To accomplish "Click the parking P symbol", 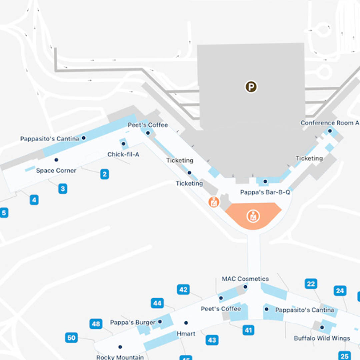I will [251, 87].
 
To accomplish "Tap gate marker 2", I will [105, 174].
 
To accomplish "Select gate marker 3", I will [63, 189].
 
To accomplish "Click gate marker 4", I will [34, 200].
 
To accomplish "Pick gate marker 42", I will [183, 290].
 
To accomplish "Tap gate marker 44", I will [157, 303].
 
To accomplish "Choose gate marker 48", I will [96, 324].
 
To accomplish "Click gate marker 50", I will [71, 338].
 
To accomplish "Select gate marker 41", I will [248, 330].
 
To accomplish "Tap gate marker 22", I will [311, 284].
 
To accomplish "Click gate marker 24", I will [340, 291].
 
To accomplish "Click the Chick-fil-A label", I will [123, 155].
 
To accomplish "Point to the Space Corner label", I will [56, 171].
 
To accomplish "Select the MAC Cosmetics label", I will [245, 279].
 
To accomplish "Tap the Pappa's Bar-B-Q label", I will [265, 192].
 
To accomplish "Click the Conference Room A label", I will [330, 123].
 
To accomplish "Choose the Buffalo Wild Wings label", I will [322, 338].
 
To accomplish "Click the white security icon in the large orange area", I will [253, 216].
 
